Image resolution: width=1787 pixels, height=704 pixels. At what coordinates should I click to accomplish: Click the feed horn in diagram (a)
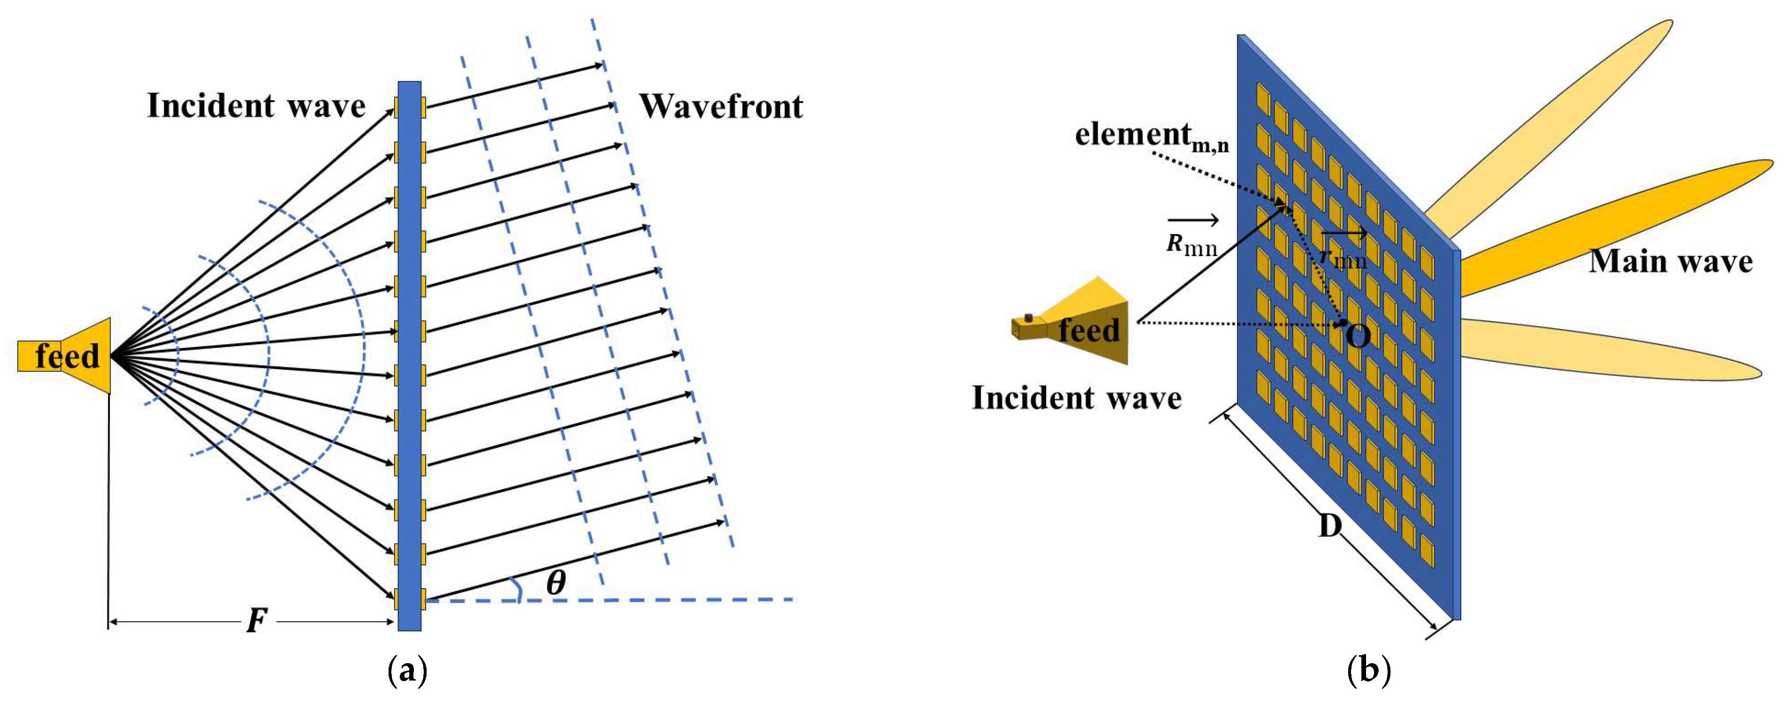tap(66, 356)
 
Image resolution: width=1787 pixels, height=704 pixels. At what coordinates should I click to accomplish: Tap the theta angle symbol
tap(556, 583)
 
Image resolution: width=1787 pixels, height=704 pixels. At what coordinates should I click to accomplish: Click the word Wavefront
tap(721, 107)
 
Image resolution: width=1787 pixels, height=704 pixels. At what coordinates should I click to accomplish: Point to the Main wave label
tap(1671, 262)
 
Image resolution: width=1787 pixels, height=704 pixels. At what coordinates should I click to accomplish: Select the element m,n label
tap(1152, 135)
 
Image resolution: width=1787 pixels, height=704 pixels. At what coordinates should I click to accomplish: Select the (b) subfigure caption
tap(1368, 671)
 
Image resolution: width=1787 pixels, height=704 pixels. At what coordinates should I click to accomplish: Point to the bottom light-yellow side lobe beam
tap(1610, 350)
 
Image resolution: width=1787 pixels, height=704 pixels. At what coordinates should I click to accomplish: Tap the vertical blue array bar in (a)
tap(409, 416)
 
